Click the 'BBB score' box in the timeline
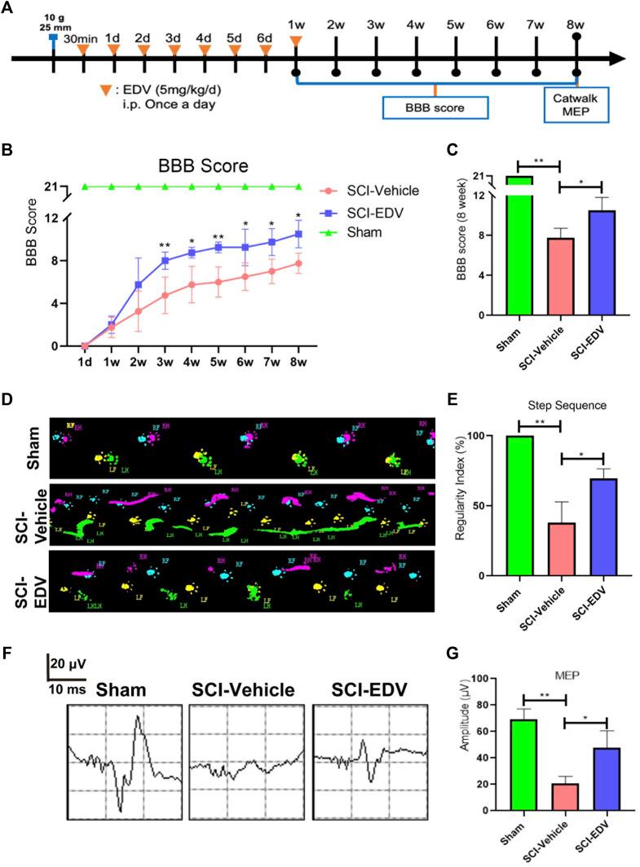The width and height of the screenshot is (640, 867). [x=435, y=108]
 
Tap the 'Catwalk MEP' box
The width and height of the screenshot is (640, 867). [x=577, y=107]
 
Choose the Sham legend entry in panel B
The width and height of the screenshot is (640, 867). [x=355, y=231]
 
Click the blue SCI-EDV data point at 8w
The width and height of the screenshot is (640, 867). [x=299, y=234]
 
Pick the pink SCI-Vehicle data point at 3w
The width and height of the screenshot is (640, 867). [x=165, y=295]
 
